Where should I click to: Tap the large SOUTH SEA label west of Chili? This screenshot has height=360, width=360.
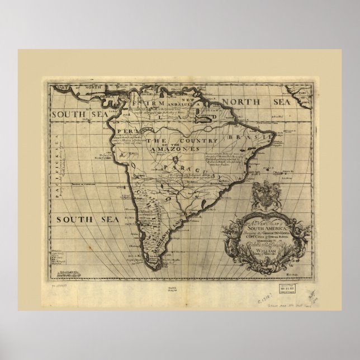88,220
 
